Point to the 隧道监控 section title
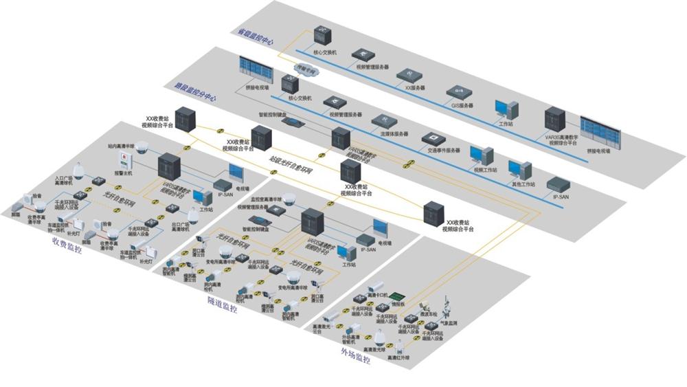[x=222, y=304]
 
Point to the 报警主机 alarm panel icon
[x=124, y=159]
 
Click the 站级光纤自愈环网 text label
[x=287, y=159]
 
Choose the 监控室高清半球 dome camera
[x=289, y=200]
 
